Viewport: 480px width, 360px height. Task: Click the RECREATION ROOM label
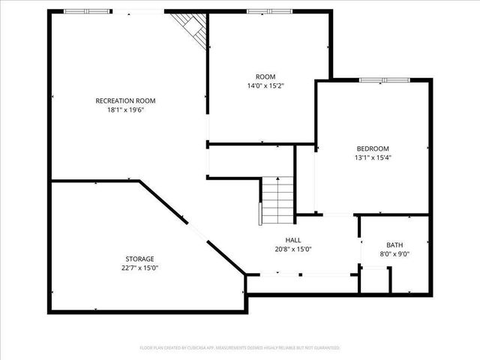(x=125, y=100)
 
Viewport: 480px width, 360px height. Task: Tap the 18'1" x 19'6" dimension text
(x=125, y=109)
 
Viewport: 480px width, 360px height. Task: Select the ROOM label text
(x=265, y=76)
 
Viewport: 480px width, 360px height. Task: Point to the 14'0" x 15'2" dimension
(x=265, y=85)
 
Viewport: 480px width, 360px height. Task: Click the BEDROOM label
(x=373, y=148)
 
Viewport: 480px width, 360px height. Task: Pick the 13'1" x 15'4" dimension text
(x=373, y=157)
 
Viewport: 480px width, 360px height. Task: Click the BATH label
(x=394, y=244)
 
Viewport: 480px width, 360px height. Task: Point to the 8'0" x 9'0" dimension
(x=394, y=253)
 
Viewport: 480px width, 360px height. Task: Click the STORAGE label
(x=140, y=259)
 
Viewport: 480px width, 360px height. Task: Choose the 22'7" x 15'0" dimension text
(x=140, y=268)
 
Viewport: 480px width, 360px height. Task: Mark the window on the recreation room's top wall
(x=85, y=11)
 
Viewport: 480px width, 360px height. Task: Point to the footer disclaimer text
(x=240, y=348)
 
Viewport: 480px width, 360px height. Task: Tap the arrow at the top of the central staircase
(x=278, y=180)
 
